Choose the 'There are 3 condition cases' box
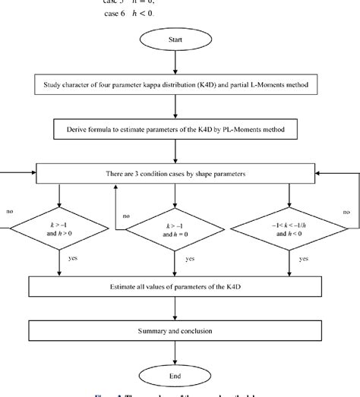(x=175, y=175)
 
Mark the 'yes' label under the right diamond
(x=305, y=259)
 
